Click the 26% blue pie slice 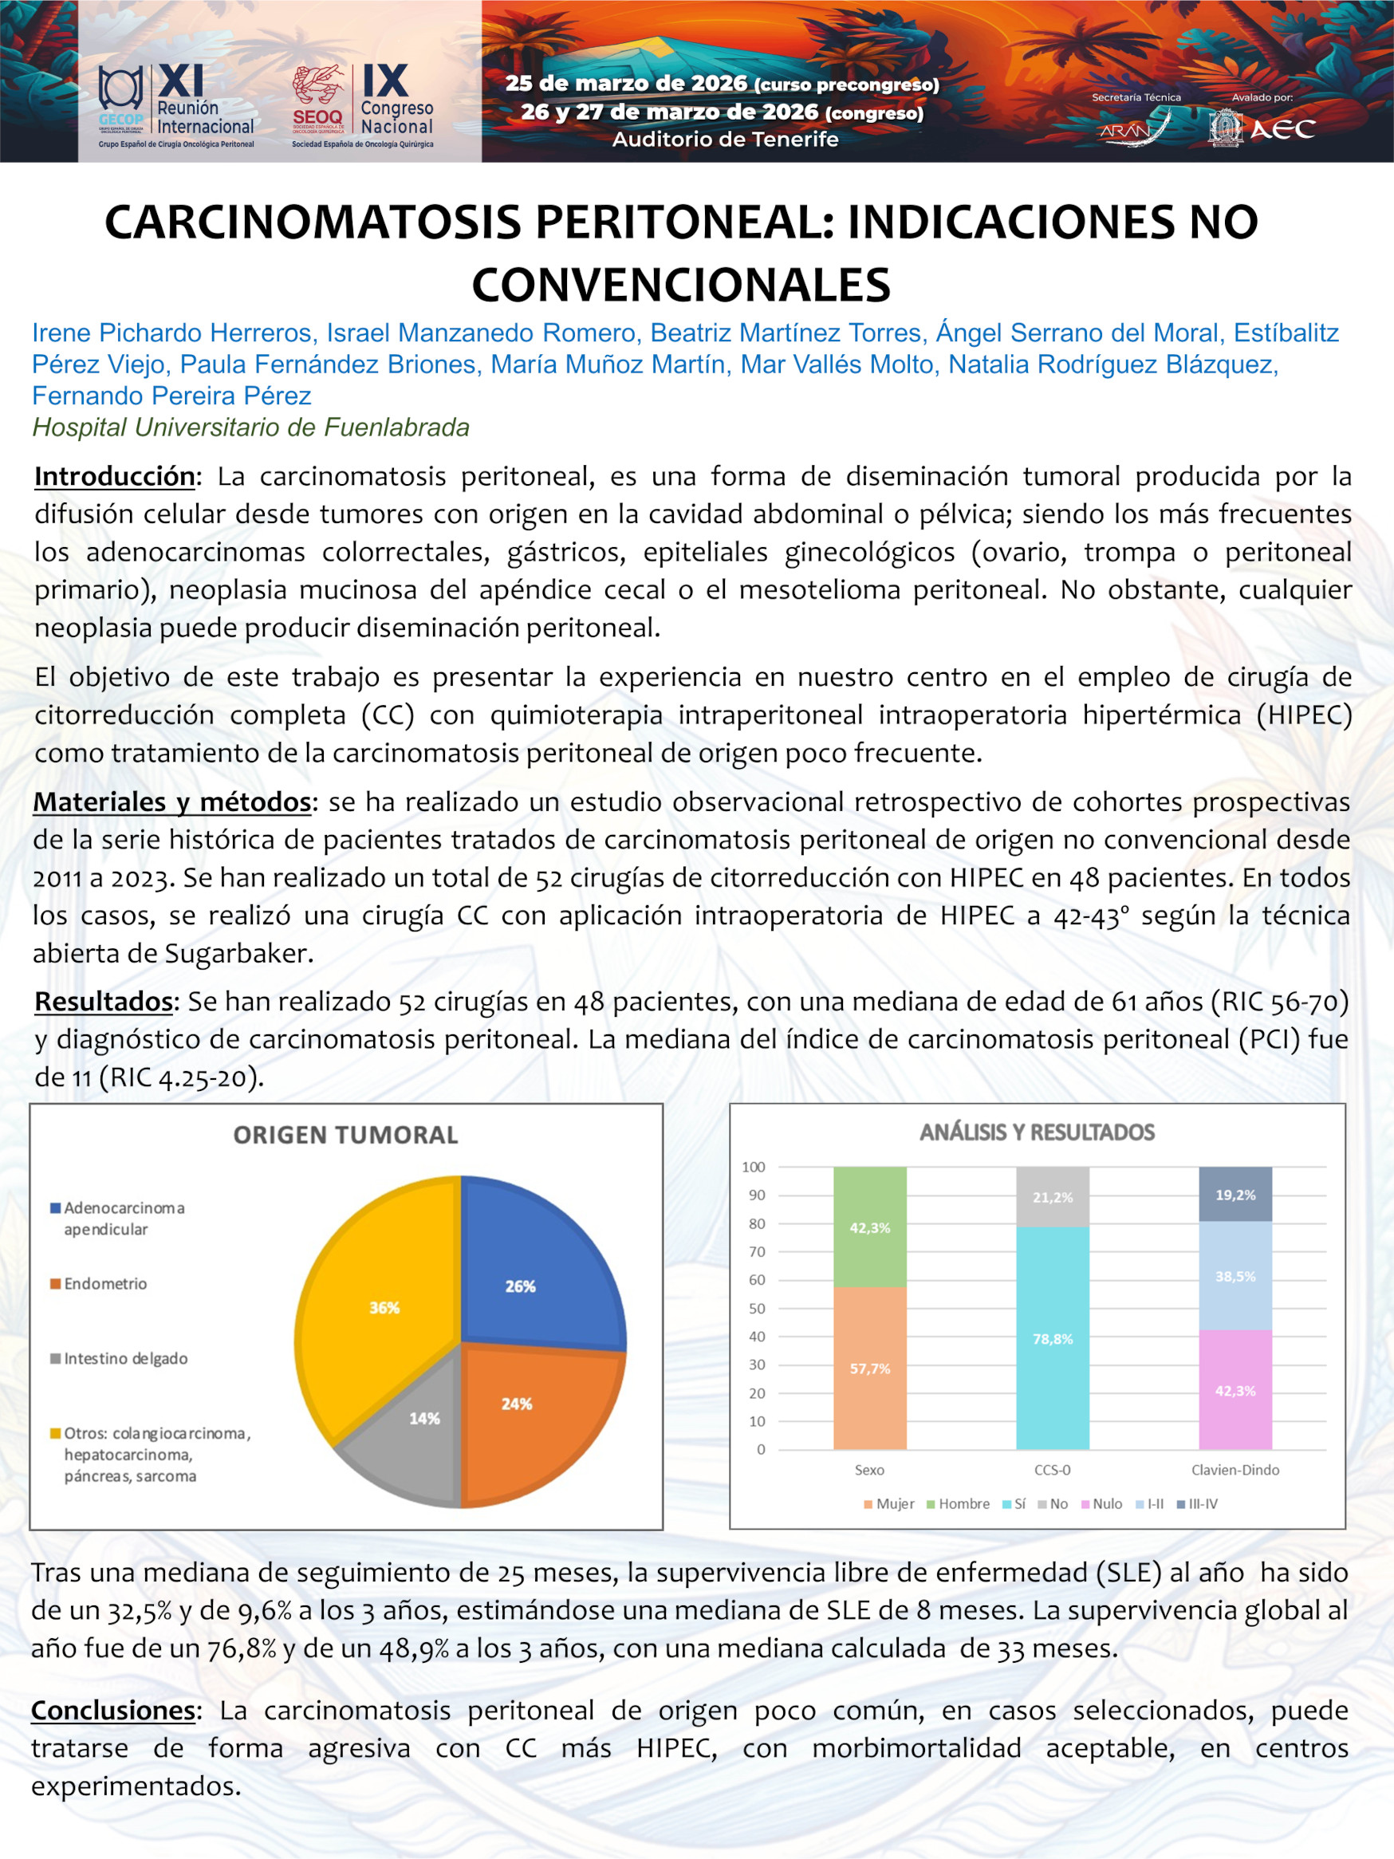tap(530, 1269)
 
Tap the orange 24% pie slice tap(530, 1412)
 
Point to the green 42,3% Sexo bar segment tap(870, 1227)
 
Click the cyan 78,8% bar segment tap(1052, 1339)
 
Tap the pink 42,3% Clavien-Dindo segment tap(1235, 1391)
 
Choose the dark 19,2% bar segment tap(1235, 1194)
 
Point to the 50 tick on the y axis tap(757, 1308)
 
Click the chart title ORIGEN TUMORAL tap(345, 1136)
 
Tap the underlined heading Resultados tap(104, 1002)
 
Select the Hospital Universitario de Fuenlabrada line tap(250, 427)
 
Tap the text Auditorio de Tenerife tap(724, 140)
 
